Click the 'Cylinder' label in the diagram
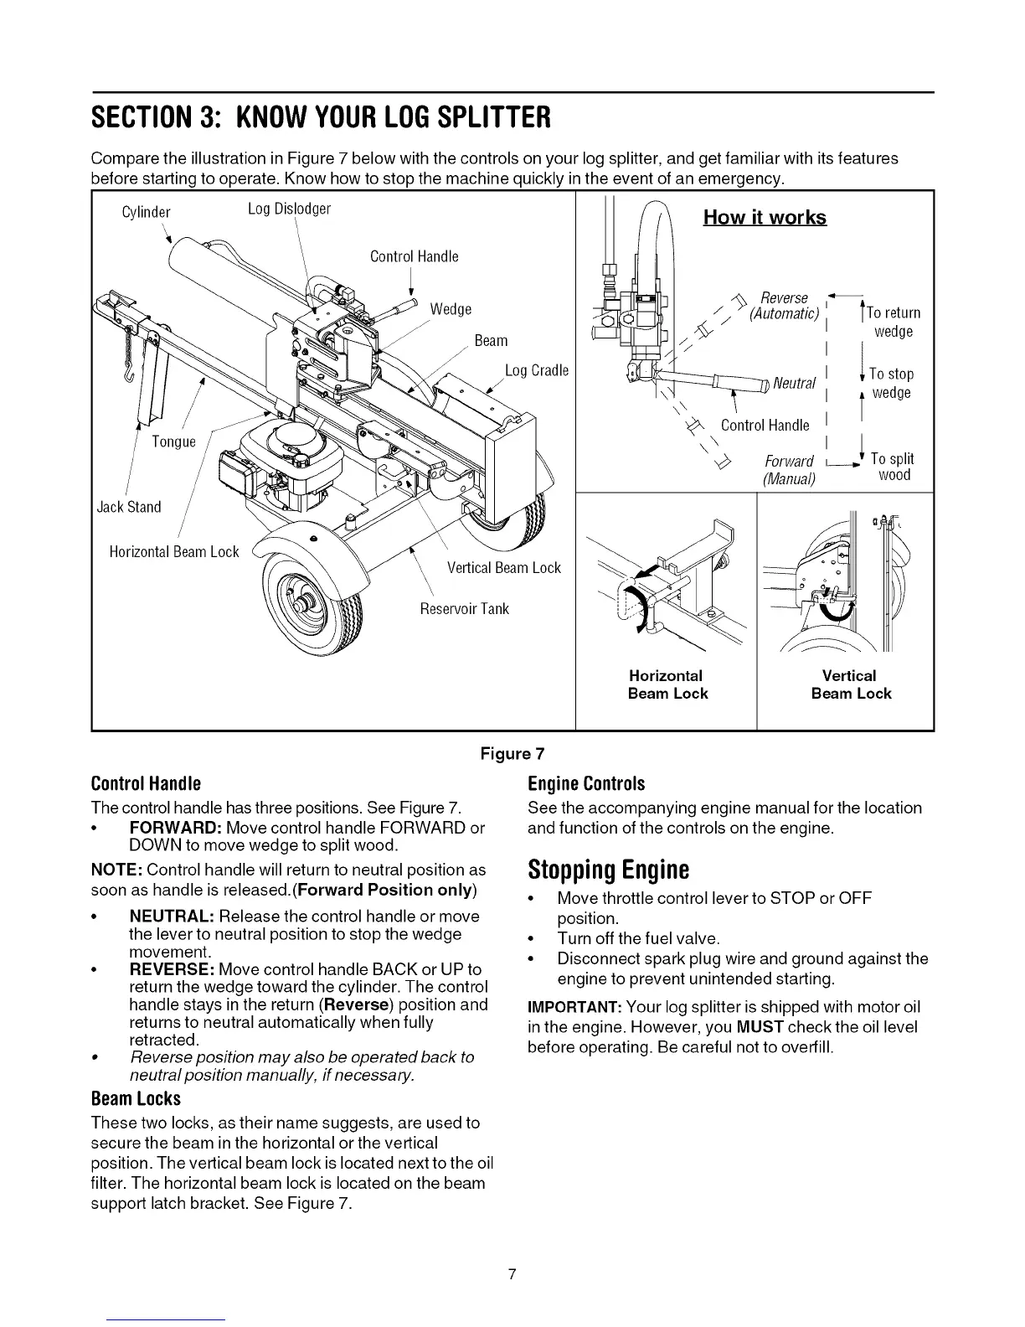[146, 211]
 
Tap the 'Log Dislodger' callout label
[289, 209]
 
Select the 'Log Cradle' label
[537, 370]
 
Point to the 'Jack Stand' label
[128, 507]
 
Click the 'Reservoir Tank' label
[464, 608]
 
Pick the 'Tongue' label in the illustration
[173, 441]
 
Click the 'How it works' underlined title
[765, 218]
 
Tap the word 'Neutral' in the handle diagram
[794, 384]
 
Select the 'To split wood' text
[892, 467]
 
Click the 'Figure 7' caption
[512, 753]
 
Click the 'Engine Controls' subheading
[586, 784]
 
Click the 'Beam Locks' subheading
[136, 1098]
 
